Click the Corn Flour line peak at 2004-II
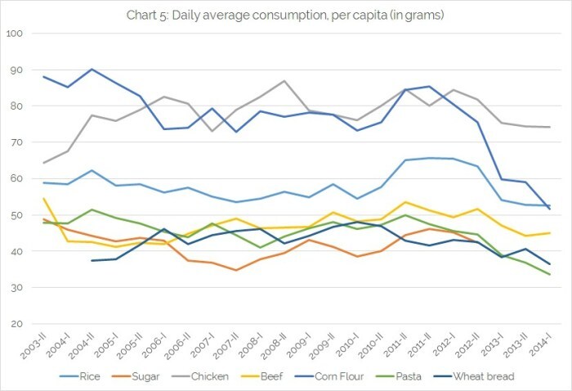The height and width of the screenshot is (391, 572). pyautogui.click(x=92, y=70)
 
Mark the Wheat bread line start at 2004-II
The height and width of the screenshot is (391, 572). pyautogui.click(x=92, y=261)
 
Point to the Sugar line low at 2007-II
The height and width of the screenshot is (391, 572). pyautogui.click(x=236, y=270)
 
